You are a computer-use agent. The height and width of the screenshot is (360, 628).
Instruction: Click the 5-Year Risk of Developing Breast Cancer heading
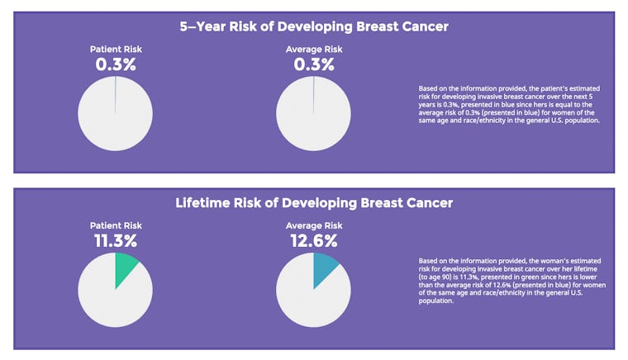point(314,26)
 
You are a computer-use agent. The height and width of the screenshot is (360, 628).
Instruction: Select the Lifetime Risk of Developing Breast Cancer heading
point(314,202)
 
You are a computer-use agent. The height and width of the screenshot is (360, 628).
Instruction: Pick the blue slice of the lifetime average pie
point(323,268)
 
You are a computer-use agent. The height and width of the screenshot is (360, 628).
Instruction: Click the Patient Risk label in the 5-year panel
point(115,50)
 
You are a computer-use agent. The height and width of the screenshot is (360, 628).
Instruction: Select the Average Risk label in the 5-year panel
point(313,50)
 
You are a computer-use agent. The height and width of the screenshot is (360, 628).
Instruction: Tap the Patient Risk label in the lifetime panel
point(115,225)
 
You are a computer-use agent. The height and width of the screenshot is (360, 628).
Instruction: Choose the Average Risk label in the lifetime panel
point(313,225)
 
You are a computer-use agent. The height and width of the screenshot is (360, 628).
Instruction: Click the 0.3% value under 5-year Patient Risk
point(115,64)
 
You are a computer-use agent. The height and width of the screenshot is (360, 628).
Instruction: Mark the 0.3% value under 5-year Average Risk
point(313,64)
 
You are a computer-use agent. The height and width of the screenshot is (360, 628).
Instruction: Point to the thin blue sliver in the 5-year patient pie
point(116,95)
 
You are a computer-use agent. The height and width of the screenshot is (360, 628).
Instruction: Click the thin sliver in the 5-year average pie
point(314,95)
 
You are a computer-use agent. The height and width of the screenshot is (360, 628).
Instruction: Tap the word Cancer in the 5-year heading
point(420,26)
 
